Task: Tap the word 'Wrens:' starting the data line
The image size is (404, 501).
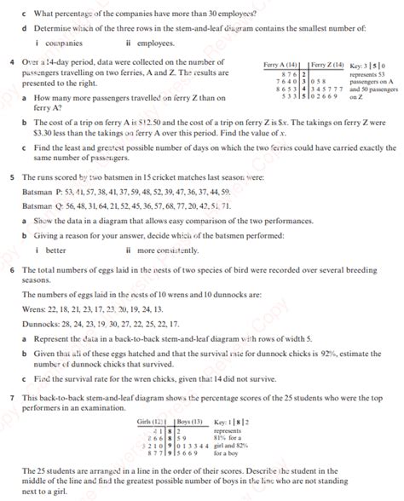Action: coord(35,308)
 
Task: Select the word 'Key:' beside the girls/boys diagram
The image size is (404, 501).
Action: coord(222,422)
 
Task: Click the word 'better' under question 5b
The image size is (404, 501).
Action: coord(56,250)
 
